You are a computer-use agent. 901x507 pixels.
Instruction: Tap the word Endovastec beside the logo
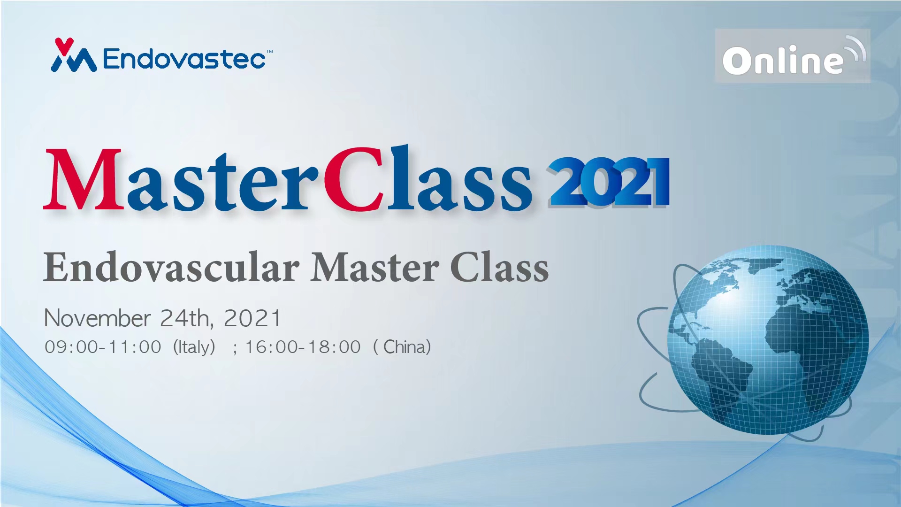click(x=184, y=59)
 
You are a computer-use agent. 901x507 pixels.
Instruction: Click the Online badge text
click(x=783, y=60)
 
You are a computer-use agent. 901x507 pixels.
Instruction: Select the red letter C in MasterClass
click(x=355, y=179)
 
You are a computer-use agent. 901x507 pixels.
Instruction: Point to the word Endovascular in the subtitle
click(x=171, y=267)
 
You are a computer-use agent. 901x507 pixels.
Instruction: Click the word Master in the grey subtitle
click(x=375, y=267)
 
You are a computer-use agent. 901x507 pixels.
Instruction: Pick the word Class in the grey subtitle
click(x=499, y=267)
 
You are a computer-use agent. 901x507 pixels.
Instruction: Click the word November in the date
click(x=97, y=318)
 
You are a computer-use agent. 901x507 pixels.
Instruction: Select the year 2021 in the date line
click(x=252, y=318)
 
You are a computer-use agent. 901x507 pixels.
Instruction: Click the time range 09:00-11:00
click(x=103, y=347)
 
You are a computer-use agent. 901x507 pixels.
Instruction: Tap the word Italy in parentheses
click(x=194, y=347)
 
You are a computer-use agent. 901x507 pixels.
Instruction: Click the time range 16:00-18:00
click(x=303, y=347)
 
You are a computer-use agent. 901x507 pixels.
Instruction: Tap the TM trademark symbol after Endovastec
click(x=270, y=52)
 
